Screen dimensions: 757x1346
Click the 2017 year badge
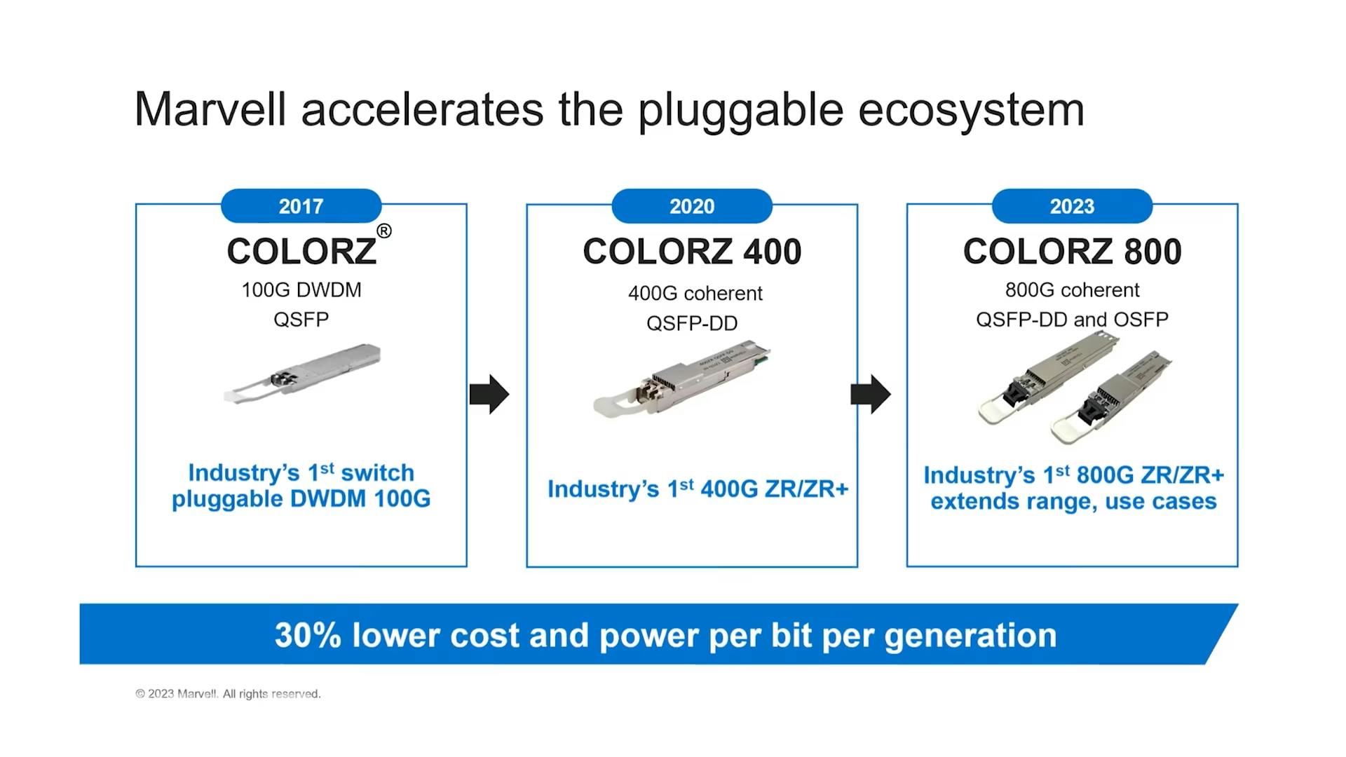301,206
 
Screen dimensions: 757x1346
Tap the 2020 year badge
691,206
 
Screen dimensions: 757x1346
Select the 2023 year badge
1072,206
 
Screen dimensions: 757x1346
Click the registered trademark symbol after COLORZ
383,231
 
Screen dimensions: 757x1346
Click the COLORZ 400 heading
691,252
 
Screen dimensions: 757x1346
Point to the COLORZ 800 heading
1072,252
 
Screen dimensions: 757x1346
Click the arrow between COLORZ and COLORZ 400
489,394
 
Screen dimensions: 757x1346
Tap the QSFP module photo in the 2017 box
303,373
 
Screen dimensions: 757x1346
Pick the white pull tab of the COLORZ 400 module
611,404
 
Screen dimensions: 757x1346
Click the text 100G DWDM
301,290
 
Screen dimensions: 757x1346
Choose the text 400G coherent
695,293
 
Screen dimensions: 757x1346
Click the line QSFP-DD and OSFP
1072,320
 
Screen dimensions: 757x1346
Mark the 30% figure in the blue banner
307,635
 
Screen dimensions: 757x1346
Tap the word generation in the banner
970,635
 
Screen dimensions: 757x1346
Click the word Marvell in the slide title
210,110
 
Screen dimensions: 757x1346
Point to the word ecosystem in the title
971,110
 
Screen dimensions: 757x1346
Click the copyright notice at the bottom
228,694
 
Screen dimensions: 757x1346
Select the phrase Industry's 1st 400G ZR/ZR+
698,489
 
